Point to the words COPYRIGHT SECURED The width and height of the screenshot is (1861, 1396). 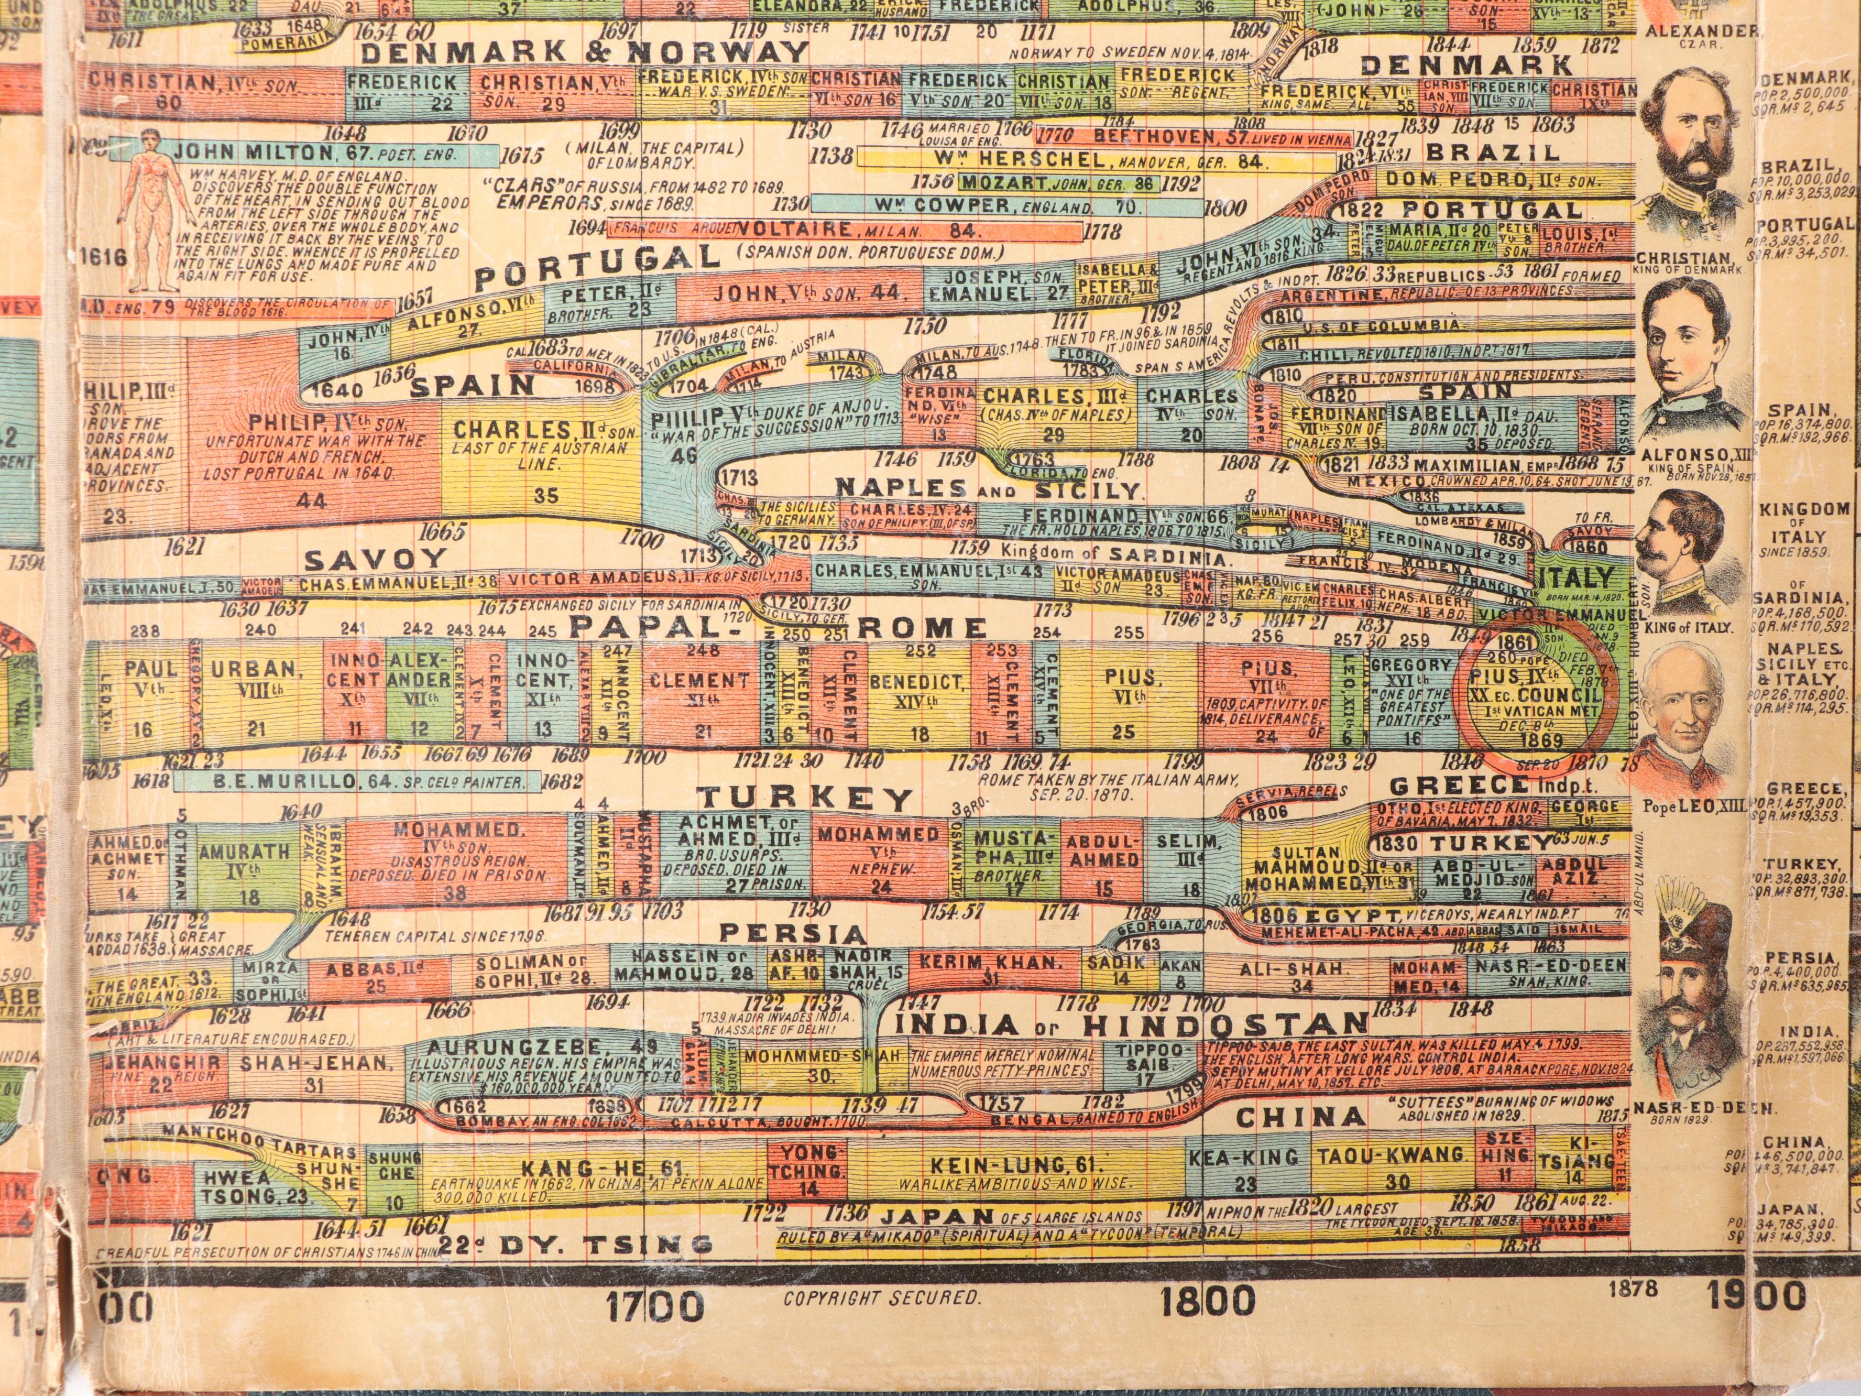(x=882, y=1299)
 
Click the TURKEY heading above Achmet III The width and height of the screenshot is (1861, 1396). (x=806, y=797)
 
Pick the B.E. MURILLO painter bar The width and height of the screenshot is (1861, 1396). (x=357, y=782)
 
